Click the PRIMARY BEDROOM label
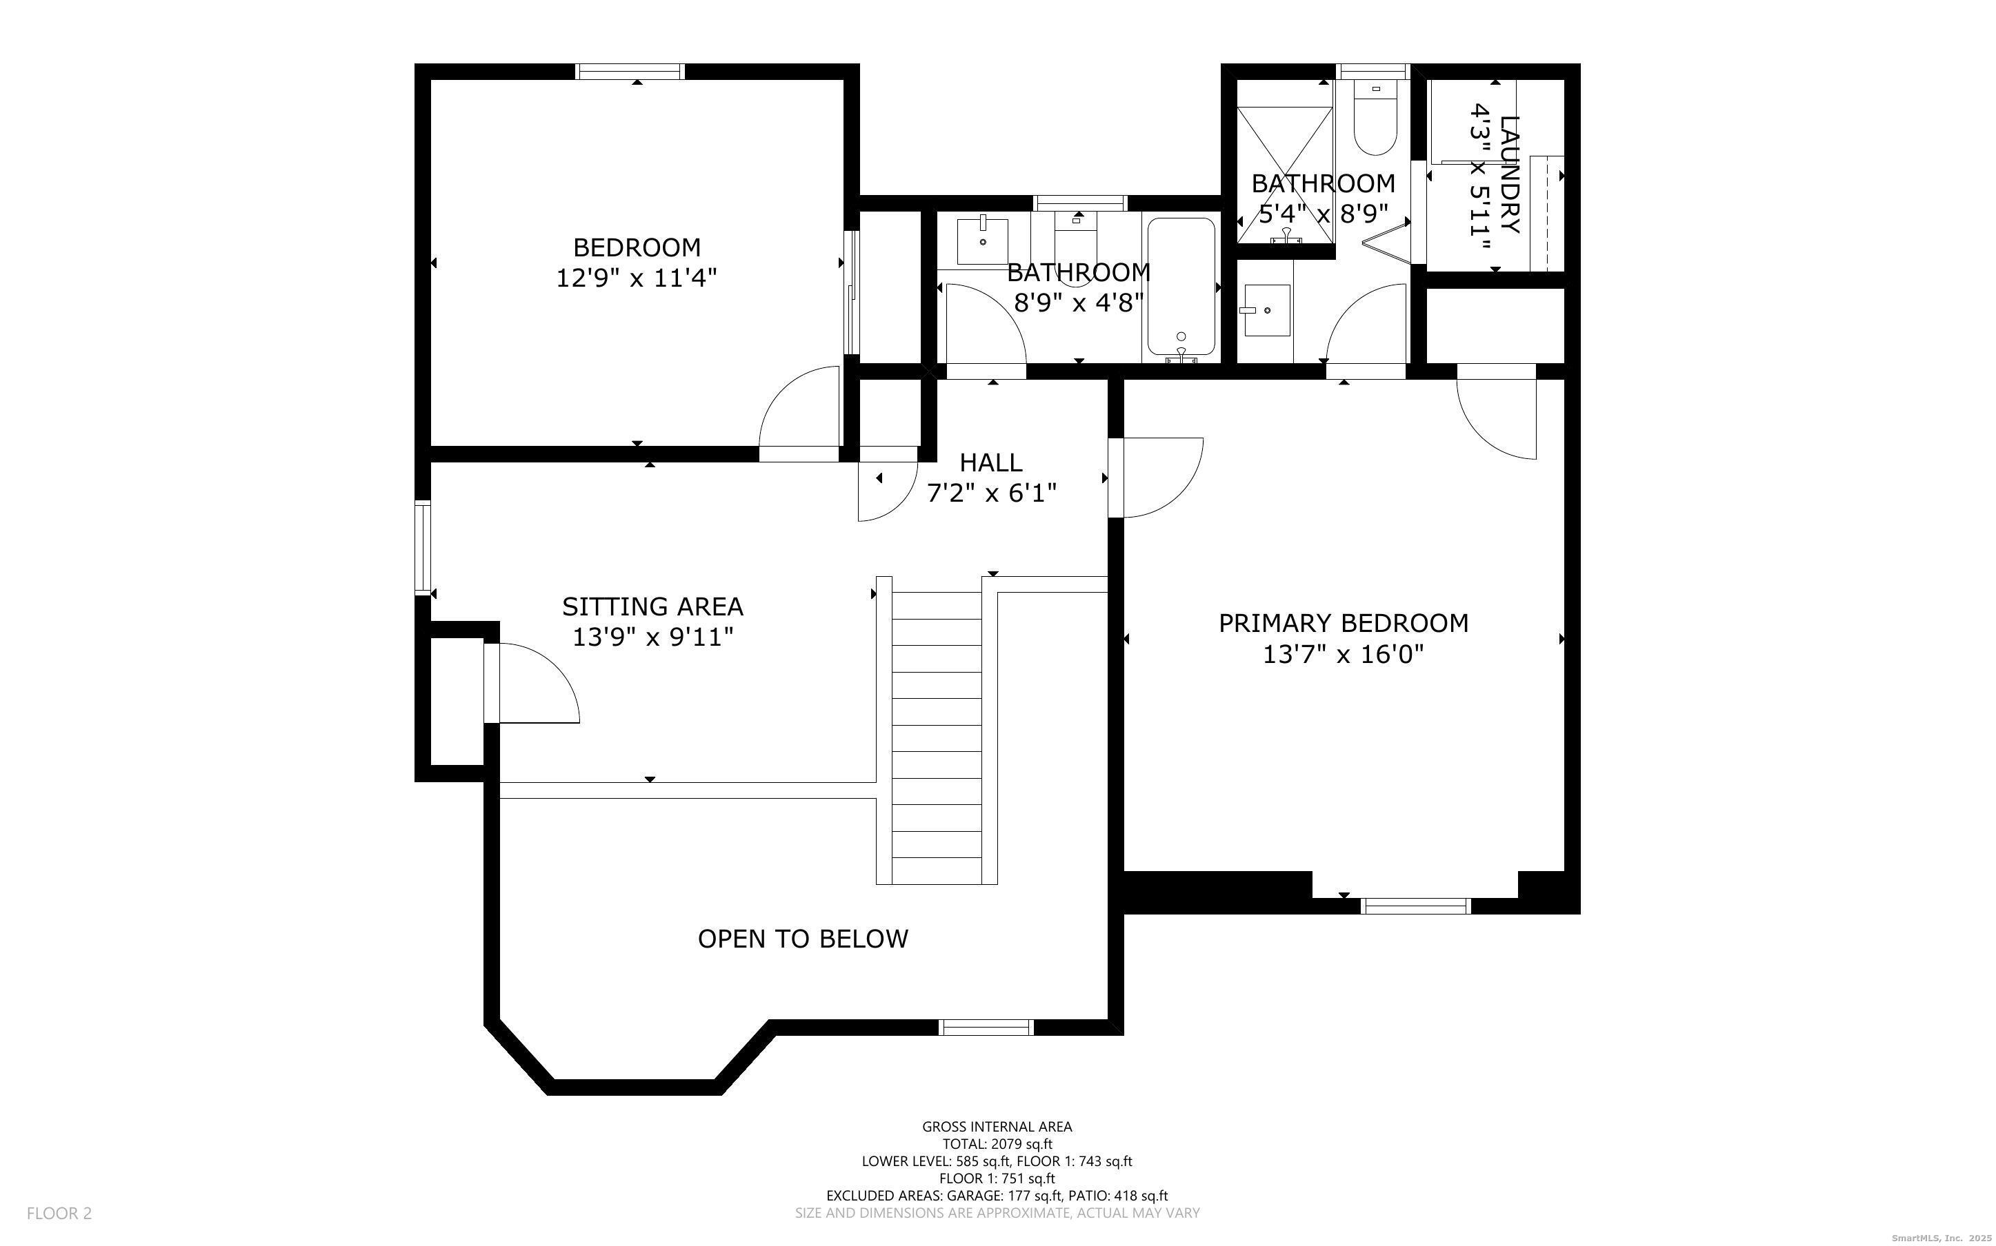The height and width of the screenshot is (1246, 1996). pos(1343,623)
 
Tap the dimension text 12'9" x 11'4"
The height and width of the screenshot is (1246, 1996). pos(637,278)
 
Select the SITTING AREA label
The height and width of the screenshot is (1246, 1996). pos(652,606)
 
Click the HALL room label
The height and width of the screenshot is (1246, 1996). pos(991,462)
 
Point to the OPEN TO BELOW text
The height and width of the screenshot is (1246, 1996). pos(802,939)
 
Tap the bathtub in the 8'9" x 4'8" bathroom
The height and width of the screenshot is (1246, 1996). pos(1181,289)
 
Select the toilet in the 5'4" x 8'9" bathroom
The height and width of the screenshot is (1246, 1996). pos(1375,123)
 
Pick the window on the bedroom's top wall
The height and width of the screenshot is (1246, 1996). pos(630,72)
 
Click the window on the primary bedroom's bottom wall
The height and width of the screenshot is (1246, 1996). pos(1415,906)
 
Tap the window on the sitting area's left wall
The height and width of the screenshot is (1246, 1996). pos(422,547)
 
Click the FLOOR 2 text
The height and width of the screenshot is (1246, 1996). pos(59,1213)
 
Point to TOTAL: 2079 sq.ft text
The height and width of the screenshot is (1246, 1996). pos(997,1144)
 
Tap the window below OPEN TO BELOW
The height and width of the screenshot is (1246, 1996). pos(986,1027)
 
